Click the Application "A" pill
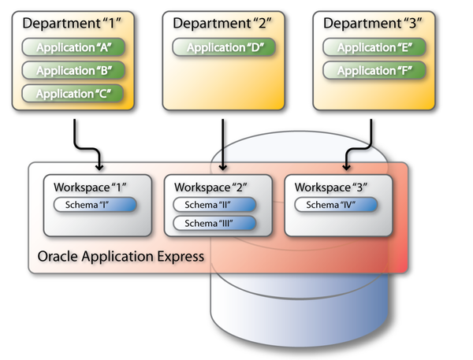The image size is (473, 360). [x=73, y=49]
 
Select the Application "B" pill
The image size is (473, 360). [x=73, y=71]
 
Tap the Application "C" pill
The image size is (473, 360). [x=73, y=94]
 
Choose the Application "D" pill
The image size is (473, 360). [x=225, y=49]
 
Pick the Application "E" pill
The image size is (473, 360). [x=375, y=49]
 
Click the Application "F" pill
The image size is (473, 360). [x=375, y=71]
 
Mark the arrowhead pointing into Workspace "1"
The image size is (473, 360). [x=99, y=166]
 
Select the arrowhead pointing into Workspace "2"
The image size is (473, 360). [x=224, y=166]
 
